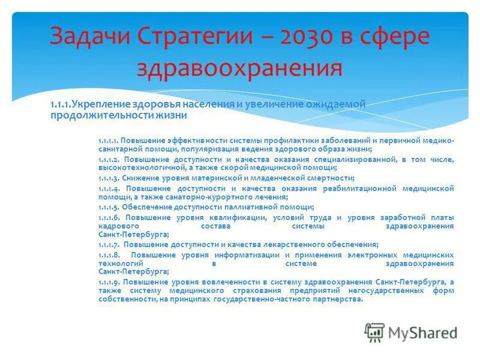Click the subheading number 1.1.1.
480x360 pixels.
pyautogui.click(x=60, y=104)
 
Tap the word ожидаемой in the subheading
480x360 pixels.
pyautogui.click(x=336, y=104)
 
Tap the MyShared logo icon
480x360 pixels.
pyautogui.click(x=374, y=332)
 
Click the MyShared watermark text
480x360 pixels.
pyautogui.click(x=422, y=332)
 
